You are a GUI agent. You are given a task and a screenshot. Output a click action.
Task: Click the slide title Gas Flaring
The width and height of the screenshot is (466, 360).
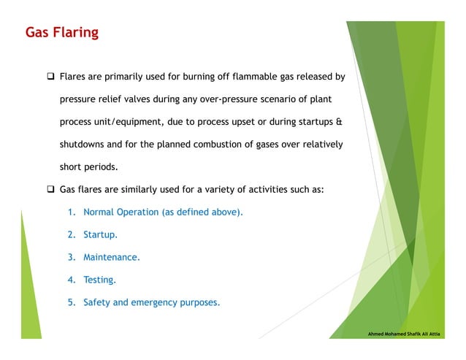61,33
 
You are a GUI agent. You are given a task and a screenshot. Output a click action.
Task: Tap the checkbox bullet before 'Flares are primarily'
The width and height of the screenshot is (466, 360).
51,76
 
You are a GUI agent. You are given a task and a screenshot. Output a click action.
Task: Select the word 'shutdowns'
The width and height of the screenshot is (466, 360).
83,144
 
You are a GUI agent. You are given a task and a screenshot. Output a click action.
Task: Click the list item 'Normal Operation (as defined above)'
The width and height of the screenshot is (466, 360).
163,212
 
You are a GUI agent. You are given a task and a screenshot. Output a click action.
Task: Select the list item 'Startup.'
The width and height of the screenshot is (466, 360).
100,234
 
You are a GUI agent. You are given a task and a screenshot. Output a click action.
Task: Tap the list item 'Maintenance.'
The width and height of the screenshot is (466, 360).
112,257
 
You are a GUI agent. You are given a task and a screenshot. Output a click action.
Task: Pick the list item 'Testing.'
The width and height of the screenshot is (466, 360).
99,280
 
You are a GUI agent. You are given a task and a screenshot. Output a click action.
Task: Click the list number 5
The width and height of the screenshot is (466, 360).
71,302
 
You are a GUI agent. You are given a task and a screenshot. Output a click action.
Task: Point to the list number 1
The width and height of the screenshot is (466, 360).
71,212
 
